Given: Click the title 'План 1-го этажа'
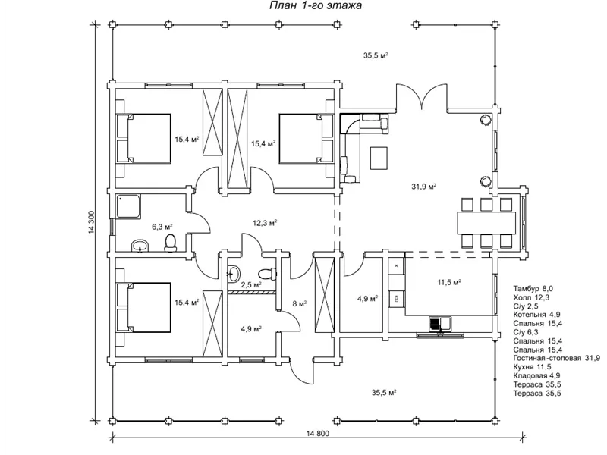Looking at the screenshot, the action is (316, 5).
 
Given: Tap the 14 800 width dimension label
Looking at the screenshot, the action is (317, 433).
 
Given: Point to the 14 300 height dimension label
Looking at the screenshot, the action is (92, 222).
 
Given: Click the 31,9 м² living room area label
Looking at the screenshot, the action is (424, 187).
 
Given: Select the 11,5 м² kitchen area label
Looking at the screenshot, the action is (449, 282).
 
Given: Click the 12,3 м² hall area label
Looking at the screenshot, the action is (265, 223).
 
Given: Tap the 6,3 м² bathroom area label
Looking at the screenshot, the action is (162, 227).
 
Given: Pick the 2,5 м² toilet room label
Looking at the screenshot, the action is (251, 285).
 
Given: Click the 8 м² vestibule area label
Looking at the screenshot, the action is (300, 304).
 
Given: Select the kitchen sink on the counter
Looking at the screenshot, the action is (440, 324).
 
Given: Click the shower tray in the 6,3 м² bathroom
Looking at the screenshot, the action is (129, 206).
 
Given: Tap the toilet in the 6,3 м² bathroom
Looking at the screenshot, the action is (170, 242).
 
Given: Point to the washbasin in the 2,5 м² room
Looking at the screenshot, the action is (234, 274).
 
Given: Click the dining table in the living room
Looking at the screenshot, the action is (486, 222).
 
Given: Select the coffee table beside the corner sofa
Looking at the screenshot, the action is (379, 158).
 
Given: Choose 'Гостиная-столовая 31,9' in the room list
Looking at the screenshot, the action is (557, 358).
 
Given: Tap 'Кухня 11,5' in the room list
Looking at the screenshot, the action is (533, 367).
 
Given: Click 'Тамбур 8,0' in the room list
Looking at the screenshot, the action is (533, 289).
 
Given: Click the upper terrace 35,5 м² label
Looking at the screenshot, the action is (376, 55).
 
